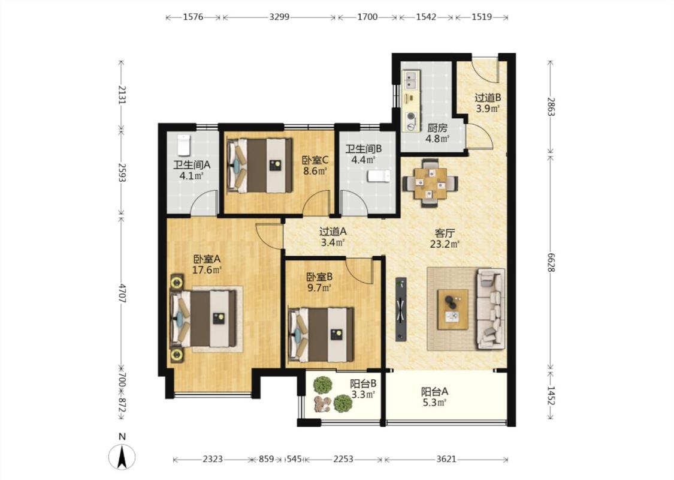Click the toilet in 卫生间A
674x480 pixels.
(x=184, y=145)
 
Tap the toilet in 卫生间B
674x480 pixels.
(x=379, y=176)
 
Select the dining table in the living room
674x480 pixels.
(x=430, y=183)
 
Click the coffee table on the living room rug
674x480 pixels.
(x=453, y=310)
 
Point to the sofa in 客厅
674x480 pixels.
(x=491, y=308)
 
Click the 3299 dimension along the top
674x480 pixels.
(x=279, y=17)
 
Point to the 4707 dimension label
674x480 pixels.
(x=122, y=293)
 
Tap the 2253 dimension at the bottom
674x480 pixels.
(x=343, y=459)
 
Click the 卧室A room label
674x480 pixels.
(x=207, y=259)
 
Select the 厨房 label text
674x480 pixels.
(x=437, y=128)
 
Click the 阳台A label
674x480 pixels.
(x=434, y=392)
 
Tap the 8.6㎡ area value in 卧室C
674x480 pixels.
(x=316, y=171)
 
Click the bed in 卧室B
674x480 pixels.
(x=322, y=334)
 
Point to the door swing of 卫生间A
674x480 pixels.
(x=204, y=202)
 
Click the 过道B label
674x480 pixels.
(x=488, y=98)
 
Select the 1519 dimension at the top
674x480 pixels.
(x=482, y=17)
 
